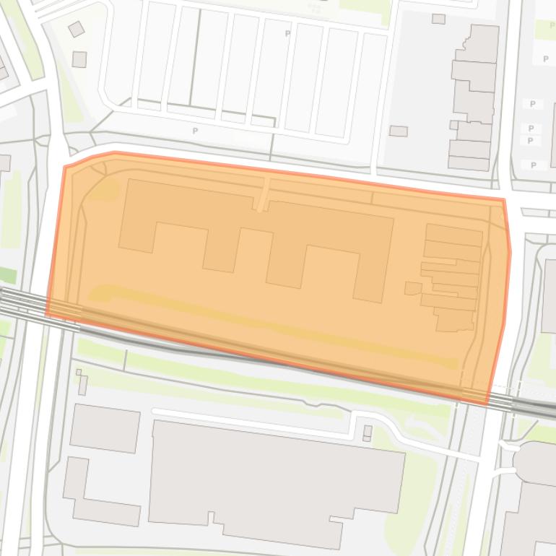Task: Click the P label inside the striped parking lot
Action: tap(287, 33)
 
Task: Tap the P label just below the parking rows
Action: tap(195, 131)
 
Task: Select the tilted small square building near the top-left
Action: tap(76, 29)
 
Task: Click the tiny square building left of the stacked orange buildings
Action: tap(412, 289)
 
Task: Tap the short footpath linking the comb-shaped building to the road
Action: tap(264, 193)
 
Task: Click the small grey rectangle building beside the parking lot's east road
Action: tap(398, 131)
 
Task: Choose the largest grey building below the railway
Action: tap(274, 480)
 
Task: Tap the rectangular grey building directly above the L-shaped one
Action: tap(105, 428)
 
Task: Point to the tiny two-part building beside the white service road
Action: tap(368, 433)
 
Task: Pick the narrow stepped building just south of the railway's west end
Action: tap(82, 383)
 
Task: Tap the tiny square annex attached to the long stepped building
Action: tap(453, 125)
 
